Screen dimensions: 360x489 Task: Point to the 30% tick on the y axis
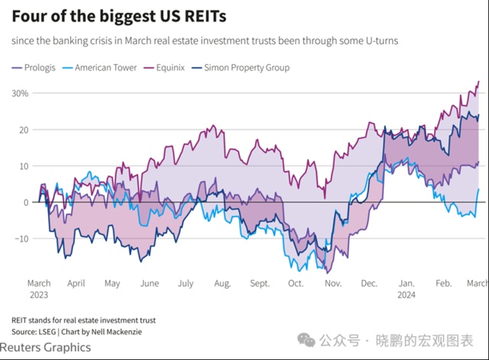coord(20,93)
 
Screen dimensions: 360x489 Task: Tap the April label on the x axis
coord(76,283)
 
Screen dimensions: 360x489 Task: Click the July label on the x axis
coord(186,283)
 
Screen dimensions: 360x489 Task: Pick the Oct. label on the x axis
coord(296,283)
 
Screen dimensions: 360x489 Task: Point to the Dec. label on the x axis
coord(369,283)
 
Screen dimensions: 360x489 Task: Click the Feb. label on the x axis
coord(443,283)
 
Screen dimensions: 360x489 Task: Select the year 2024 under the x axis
coord(406,294)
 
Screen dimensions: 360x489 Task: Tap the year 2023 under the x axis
coord(39,294)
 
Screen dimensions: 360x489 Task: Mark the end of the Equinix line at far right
coord(478,82)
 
